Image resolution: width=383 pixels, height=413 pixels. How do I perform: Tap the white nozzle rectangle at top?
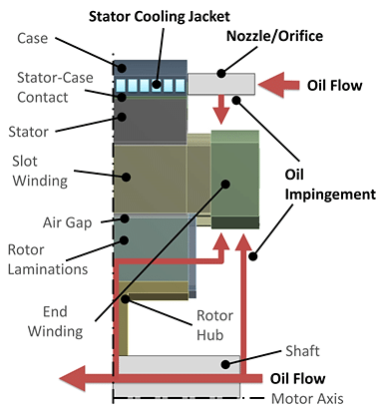tap(221, 82)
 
